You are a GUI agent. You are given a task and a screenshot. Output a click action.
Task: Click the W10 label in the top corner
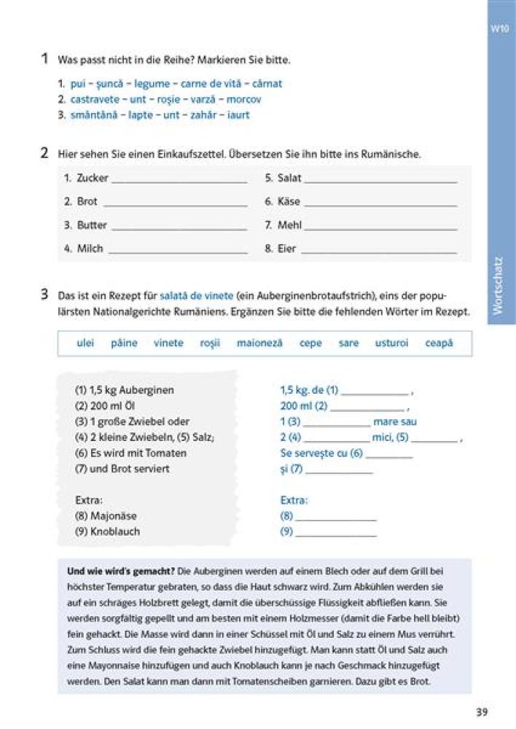coord(499,30)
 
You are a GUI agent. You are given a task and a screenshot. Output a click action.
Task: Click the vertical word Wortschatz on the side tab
coord(499,284)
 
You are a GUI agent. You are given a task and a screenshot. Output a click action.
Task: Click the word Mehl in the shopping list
coord(289,225)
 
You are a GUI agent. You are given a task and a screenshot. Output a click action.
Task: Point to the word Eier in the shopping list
coord(286,249)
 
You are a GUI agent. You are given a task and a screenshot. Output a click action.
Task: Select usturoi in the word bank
coord(391,343)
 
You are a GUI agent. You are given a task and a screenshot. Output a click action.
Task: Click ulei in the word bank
coord(85,343)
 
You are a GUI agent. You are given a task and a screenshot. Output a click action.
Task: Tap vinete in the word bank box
coord(168,343)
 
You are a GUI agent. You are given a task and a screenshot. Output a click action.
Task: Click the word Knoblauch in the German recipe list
coord(115,531)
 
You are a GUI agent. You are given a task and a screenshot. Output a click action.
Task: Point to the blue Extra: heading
coord(294,501)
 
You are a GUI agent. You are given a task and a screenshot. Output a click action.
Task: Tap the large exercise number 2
coord(44,153)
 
